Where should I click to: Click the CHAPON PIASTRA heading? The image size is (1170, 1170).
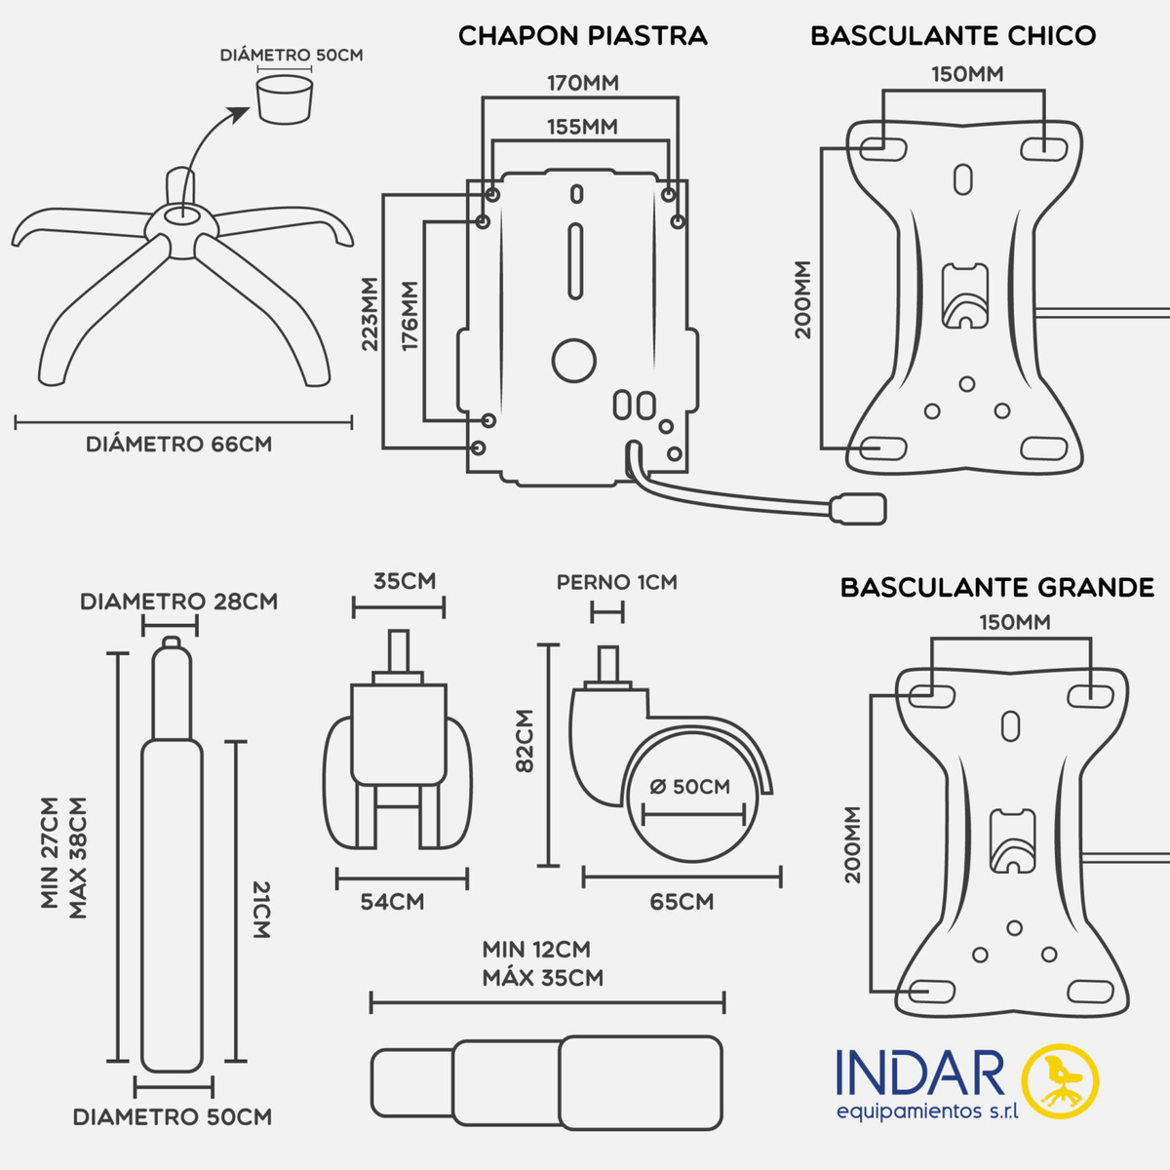(x=582, y=36)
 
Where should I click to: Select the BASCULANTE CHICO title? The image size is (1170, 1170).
(x=953, y=36)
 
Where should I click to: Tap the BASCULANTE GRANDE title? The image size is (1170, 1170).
(x=996, y=588)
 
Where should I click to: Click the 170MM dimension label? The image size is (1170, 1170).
(x=582, y=83)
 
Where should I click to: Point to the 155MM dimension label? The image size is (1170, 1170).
(x=582, y=127)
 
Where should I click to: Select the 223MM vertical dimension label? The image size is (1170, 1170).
(x=370, y=314)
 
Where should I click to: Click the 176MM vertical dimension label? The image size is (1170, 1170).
(x=409, y=317)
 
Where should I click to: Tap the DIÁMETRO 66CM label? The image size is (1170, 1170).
(x=178, y=445)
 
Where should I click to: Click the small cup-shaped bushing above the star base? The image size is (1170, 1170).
(x=286, y=99)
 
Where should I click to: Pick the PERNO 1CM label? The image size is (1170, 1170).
(x=616, y=582)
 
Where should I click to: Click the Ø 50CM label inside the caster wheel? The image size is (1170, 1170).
(x=689, y=787)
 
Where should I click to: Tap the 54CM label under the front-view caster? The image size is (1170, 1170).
(x=392, y=902)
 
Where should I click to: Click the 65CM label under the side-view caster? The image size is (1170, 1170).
(x=682, y=902)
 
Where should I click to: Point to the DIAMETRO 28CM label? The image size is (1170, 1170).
(x=178, y=602)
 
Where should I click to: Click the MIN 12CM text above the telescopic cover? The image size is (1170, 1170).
(x=536, y=950)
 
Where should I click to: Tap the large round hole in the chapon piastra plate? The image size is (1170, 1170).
(x=573, y=360)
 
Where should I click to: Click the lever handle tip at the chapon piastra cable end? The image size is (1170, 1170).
(x=858, y=508)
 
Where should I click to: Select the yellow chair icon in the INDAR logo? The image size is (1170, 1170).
(x=1060, y=1080)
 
